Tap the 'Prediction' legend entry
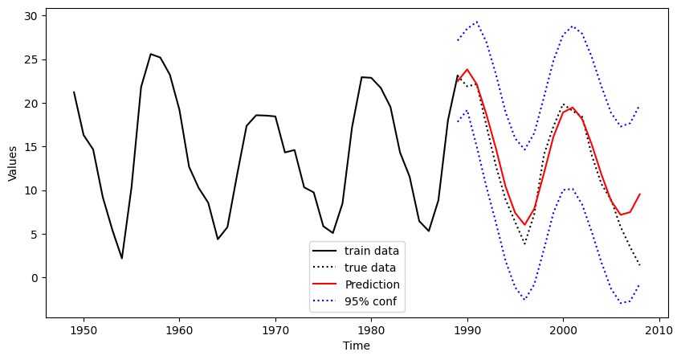click(372, 284)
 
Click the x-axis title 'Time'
click(357, 346)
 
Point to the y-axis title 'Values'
click(13, 162)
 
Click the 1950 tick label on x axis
click(84, 330)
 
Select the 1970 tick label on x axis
click(275, 330)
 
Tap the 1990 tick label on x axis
click(467, 330)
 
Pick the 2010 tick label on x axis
click(659, 330)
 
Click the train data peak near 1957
click(151, 54)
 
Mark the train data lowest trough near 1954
click(122, 258)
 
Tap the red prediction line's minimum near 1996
click(524, 224)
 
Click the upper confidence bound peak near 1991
click(476, 22)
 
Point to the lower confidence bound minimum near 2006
click(621, 304)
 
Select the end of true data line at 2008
click(639, 264)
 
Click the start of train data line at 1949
click(74, 92)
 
